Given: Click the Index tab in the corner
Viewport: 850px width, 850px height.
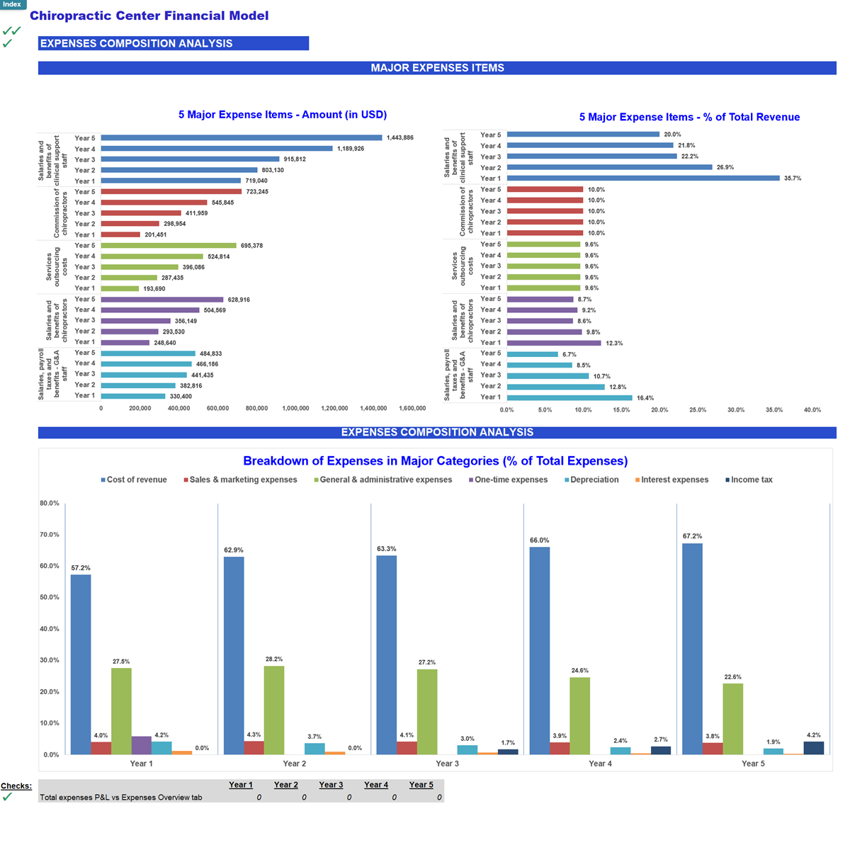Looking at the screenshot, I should (12, 4).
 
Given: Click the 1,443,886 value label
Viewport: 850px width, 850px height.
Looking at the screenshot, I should (399, 137).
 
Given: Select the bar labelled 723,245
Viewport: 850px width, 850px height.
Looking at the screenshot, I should (171, 191).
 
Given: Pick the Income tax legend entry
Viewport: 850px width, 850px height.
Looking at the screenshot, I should (751, 480).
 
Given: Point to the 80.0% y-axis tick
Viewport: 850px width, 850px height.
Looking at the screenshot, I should (50, 504).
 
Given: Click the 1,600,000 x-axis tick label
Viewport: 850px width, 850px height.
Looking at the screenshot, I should (412, 408).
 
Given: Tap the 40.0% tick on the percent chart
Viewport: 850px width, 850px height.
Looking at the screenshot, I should (812, 410).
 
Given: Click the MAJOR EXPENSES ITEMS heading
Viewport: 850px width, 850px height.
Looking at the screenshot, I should (437, 68).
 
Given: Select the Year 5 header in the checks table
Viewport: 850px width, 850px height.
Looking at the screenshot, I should (421, 785).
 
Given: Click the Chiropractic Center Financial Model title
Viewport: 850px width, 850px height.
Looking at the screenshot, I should (149, 16).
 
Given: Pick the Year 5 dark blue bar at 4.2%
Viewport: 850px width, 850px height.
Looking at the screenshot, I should (814, 748).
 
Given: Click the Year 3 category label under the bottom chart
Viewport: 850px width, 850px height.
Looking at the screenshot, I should (447, 764).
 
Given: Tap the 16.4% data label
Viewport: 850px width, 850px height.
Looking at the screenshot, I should (645, 398).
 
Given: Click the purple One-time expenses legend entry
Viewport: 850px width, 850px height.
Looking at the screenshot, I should (510, 480).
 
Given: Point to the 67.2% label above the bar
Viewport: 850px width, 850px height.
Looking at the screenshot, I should (692, 536).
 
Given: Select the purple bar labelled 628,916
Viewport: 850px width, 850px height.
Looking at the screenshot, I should (162, 300).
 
